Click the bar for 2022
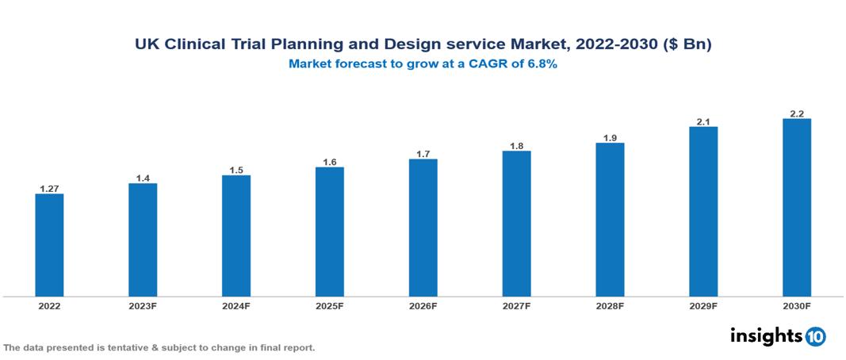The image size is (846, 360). click(49, 245)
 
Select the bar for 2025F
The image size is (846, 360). click(329, 232)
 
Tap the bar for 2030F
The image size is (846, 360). click(797, 208)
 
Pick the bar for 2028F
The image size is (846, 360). click(610, 220)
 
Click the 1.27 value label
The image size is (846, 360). click(49, 188)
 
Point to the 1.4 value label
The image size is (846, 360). click(143, 178)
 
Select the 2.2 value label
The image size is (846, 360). click(797, 113)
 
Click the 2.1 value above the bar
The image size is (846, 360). click(703, 121)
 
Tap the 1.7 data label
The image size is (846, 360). click(423, 154)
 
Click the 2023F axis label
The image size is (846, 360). click(143, 305)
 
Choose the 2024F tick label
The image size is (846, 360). click(236, 305)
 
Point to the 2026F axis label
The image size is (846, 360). click(423, 305)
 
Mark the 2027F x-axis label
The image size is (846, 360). click(516, 305)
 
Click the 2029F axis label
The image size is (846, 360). click(703, 305)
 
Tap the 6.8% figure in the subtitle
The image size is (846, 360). click(538, 64)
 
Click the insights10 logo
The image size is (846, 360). click(778, 335)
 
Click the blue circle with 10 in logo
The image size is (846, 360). click(815, 336)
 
